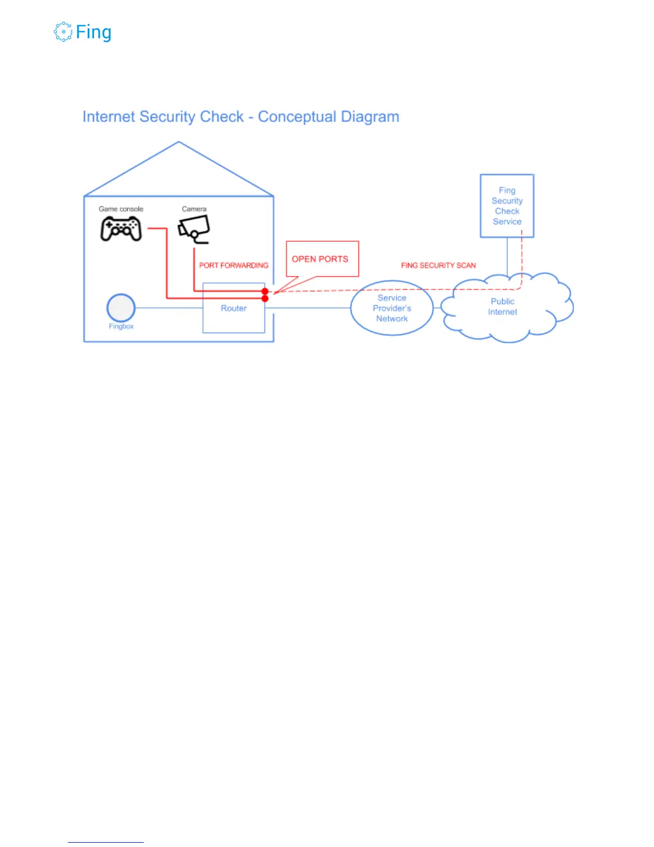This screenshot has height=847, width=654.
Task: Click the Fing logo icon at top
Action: pyautogui.click(x=63, y=32)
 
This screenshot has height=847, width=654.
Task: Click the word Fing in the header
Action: pyautogui.click(x=94, y=33)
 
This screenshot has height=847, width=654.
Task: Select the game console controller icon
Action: pyautogui.click(x=121, y=229)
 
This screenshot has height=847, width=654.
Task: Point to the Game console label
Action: pyautogui.click(x=121, y=209)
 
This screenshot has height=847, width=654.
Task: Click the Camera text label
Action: pyautogui.click(x=194, y=209)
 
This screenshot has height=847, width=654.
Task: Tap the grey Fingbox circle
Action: pyautogui.click(x=121, y=307)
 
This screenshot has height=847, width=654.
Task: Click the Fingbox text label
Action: pyautogui.click(x=121, y=326)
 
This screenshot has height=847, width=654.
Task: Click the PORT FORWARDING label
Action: pyautogui.click(x=233, y=265)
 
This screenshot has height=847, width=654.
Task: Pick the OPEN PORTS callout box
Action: pyautogui.click(x=322, y=259)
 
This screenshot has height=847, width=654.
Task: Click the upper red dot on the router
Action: pyautogui.click(x=265, y=291)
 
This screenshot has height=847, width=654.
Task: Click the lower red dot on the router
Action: pyautogui.click(x=265, y=298)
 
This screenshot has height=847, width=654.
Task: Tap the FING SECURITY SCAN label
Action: pyautogui.click(x=438, y=265)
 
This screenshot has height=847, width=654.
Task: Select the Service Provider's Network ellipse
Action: pyautogui.click(x=392, y=308)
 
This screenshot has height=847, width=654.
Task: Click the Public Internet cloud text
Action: pyautogui.click(x=503, y=307)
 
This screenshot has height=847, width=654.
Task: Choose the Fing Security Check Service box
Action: pyautogui.click(x=507, y=206)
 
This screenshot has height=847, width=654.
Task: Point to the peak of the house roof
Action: pyautogui.click(x=178, y=142)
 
